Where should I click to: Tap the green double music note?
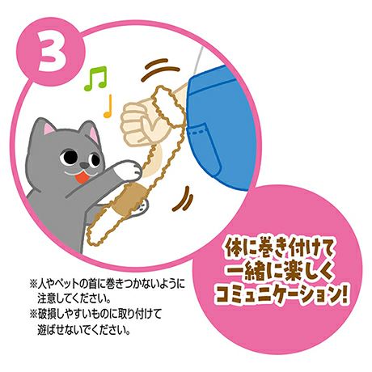pyautogui.click(x=96, y=78)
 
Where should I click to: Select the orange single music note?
pyautogui.click(x=108, y=106)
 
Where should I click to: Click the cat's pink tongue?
pyautogui.click(x=81, y=178)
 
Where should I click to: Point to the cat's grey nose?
pyautogui.click(x=85, y=165)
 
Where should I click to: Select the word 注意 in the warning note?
pyautogui.click(x=47, y=298)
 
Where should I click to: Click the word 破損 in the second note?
pyautogui.click(x=47, y=315)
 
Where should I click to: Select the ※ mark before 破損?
pyautogui.click(x=32, y=315)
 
